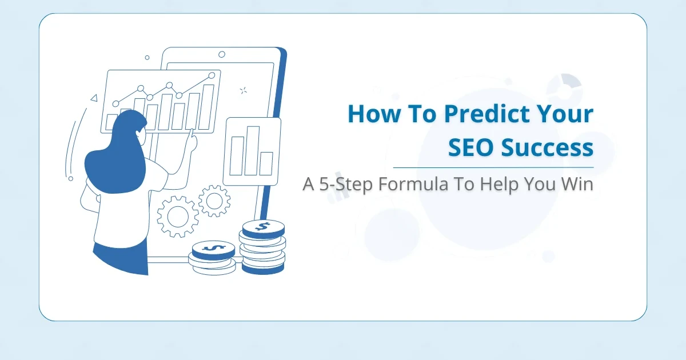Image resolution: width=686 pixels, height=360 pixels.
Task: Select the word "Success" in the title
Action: (x=547, y=147)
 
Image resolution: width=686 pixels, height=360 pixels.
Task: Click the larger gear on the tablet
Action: (x=177, y=217)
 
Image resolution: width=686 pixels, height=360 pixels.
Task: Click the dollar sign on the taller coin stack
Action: (x=263, y=227)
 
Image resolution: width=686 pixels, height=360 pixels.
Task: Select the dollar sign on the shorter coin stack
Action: (x=213, y=249)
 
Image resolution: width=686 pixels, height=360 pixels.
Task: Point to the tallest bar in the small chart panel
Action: (x=252, y=150)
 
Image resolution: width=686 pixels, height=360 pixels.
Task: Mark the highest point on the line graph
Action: (x=212, y=75)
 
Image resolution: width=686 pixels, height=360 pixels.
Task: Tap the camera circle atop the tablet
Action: (x=222, y=54)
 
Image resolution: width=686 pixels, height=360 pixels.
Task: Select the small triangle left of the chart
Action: (x=94, y=98)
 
